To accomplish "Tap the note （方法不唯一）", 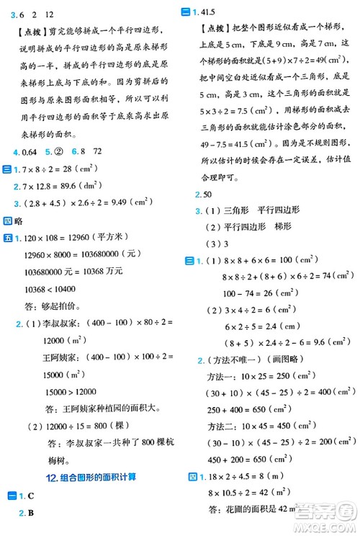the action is point(234,359).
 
